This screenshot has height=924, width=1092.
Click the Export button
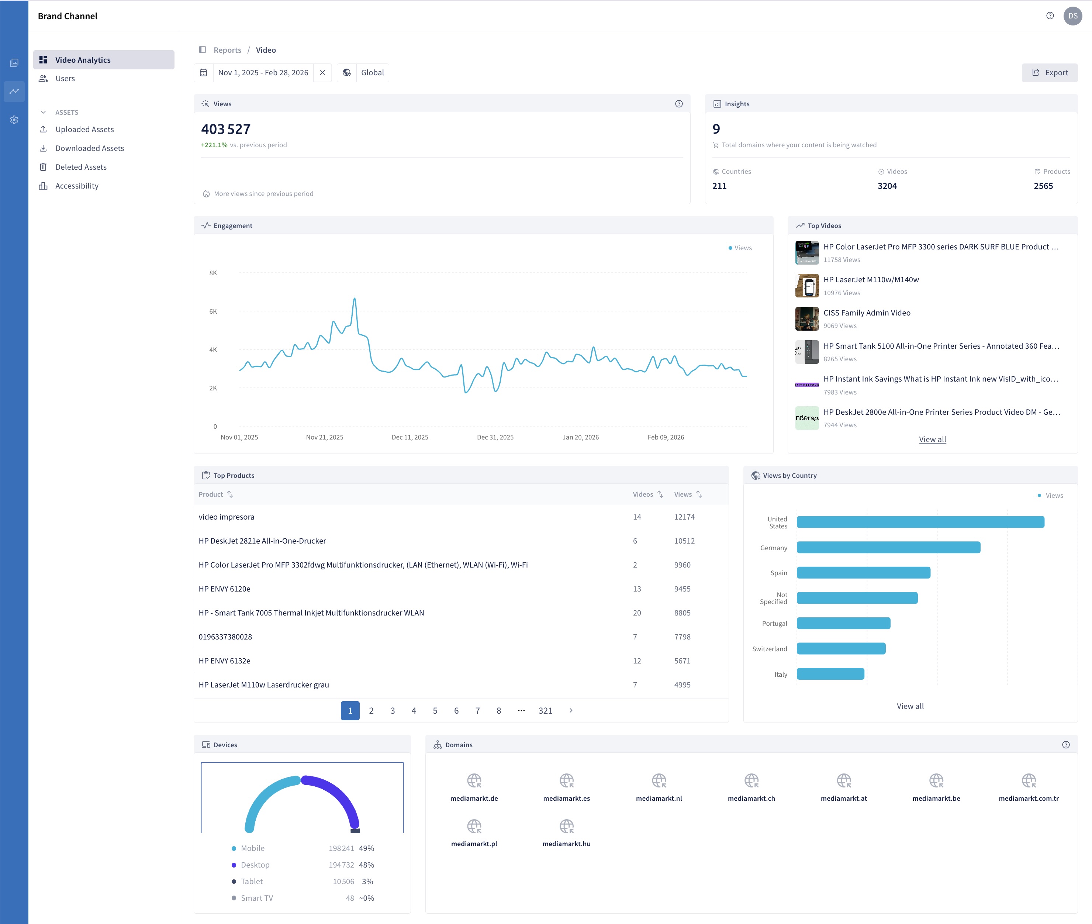coord(1049,73)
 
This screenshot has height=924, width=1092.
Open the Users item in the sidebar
coord(65,79)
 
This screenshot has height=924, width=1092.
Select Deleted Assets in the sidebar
coord(81,167)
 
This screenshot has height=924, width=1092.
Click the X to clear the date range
coord(323,73)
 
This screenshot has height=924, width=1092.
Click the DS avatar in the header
coord(1072,16)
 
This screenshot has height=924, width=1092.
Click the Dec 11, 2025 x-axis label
coord(410,437)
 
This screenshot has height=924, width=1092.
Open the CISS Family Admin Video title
coord(867,313)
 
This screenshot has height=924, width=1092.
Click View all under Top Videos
coord(932,439)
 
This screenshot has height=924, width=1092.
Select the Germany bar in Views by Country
coord(888,547)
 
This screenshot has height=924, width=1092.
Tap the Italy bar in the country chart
coord(830,674)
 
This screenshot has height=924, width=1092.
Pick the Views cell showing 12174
coord(684,517)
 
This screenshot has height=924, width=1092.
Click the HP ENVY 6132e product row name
coord(224,661)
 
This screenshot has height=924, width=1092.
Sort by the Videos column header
coord(648,494)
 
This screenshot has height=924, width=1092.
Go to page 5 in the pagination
coord(435,711)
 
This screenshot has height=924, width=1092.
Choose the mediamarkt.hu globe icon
coord(566,826)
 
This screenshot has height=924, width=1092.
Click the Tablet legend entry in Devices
coord(251,882)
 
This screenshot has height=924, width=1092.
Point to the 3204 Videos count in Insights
coord(887,186)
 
